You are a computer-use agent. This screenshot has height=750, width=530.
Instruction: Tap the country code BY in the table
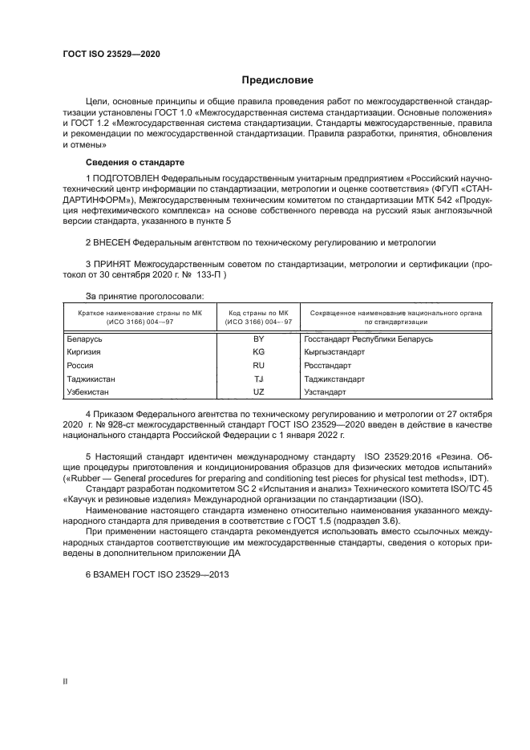[x=258, y=339]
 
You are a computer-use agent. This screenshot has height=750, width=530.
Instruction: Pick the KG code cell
[x=258, y=352]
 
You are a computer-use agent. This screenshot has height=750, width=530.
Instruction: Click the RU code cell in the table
[x=258, y=365]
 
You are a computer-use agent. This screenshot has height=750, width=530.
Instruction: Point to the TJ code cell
[x=258, y=379]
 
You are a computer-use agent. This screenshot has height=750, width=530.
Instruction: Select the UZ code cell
[x=258, y=391]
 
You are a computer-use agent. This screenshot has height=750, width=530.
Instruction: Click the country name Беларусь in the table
[x=84, y=339]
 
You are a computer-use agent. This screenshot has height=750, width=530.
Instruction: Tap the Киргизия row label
[x=84, y=352]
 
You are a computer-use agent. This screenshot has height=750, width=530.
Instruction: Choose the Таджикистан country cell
[x=91, y=379]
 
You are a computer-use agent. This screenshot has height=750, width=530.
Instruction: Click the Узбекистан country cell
[x=88, y=391]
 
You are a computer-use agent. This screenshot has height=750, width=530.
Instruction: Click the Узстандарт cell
[x=326, y=391]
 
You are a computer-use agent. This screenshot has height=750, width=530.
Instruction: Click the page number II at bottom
[x=65, y=682]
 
